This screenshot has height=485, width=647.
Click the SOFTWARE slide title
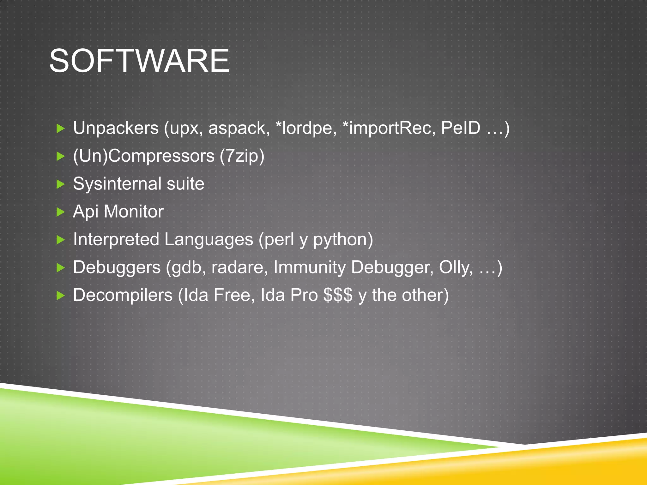pyautogui.click(x=139, y=61)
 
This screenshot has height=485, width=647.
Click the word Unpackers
pyautogui.click(x=116, y=128)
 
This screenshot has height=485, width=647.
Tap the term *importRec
pyautogui.click(x=389, y=128)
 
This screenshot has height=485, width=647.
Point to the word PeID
pyautogui.click(x=460, y=128)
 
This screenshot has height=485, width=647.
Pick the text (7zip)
pyautogui.click(x=242, y=156)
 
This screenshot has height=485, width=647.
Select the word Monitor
pyautogui.click(x=134, y=212)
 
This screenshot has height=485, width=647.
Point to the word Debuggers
pyautogui.click(x=117, y=267)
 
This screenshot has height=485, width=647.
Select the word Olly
pyautogui.click(x=456, y=267)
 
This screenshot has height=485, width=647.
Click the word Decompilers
pyautogui.click(x=123, y=295)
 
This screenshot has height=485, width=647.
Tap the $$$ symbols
pyautogui.click(x=338, y=295)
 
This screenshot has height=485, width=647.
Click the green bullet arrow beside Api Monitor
pyautogui.click(x=60, y=212)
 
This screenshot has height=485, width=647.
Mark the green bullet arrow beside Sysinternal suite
pyautogui.click(x=60, y=184)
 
